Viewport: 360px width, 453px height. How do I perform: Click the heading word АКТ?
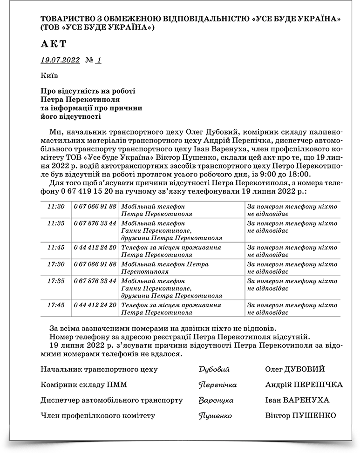coord(54,44)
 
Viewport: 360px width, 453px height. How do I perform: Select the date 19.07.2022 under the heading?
coord(60,61)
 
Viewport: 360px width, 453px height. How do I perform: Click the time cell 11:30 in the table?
coord(56,206)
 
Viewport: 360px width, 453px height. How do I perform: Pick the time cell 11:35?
coord(56,223)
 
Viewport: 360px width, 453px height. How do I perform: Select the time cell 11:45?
coord(56,247)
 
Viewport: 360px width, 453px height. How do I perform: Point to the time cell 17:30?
coord(56,264)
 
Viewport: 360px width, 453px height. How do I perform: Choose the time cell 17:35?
coord(56,281)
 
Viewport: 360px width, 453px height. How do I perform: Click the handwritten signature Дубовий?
coord(214,370)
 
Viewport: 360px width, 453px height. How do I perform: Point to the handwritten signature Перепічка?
coord(217,385)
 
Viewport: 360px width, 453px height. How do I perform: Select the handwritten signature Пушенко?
coord(215,416)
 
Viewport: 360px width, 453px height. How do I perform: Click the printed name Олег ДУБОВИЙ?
coord(295,369)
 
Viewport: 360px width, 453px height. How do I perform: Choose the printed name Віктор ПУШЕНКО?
coord(300,415)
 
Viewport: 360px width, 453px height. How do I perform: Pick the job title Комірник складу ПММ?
coord(84,385)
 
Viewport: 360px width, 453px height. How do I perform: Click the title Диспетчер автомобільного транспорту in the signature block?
coord(111,400)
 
